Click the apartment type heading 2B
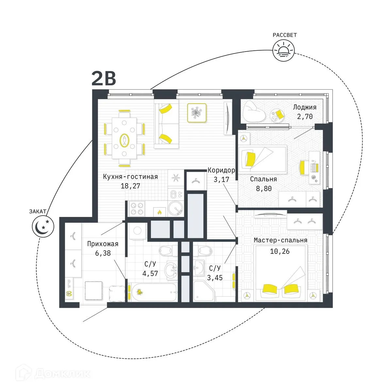tap(104, 79)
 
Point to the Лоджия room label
tap(304, 107)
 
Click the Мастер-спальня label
tap(280, 240)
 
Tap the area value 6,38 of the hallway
tap(103, 253)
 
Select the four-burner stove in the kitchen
tap(136, 209)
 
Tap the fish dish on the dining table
tap(124, 140)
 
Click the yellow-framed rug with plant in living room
tap(197, 113)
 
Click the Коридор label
tap(221, 170)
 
